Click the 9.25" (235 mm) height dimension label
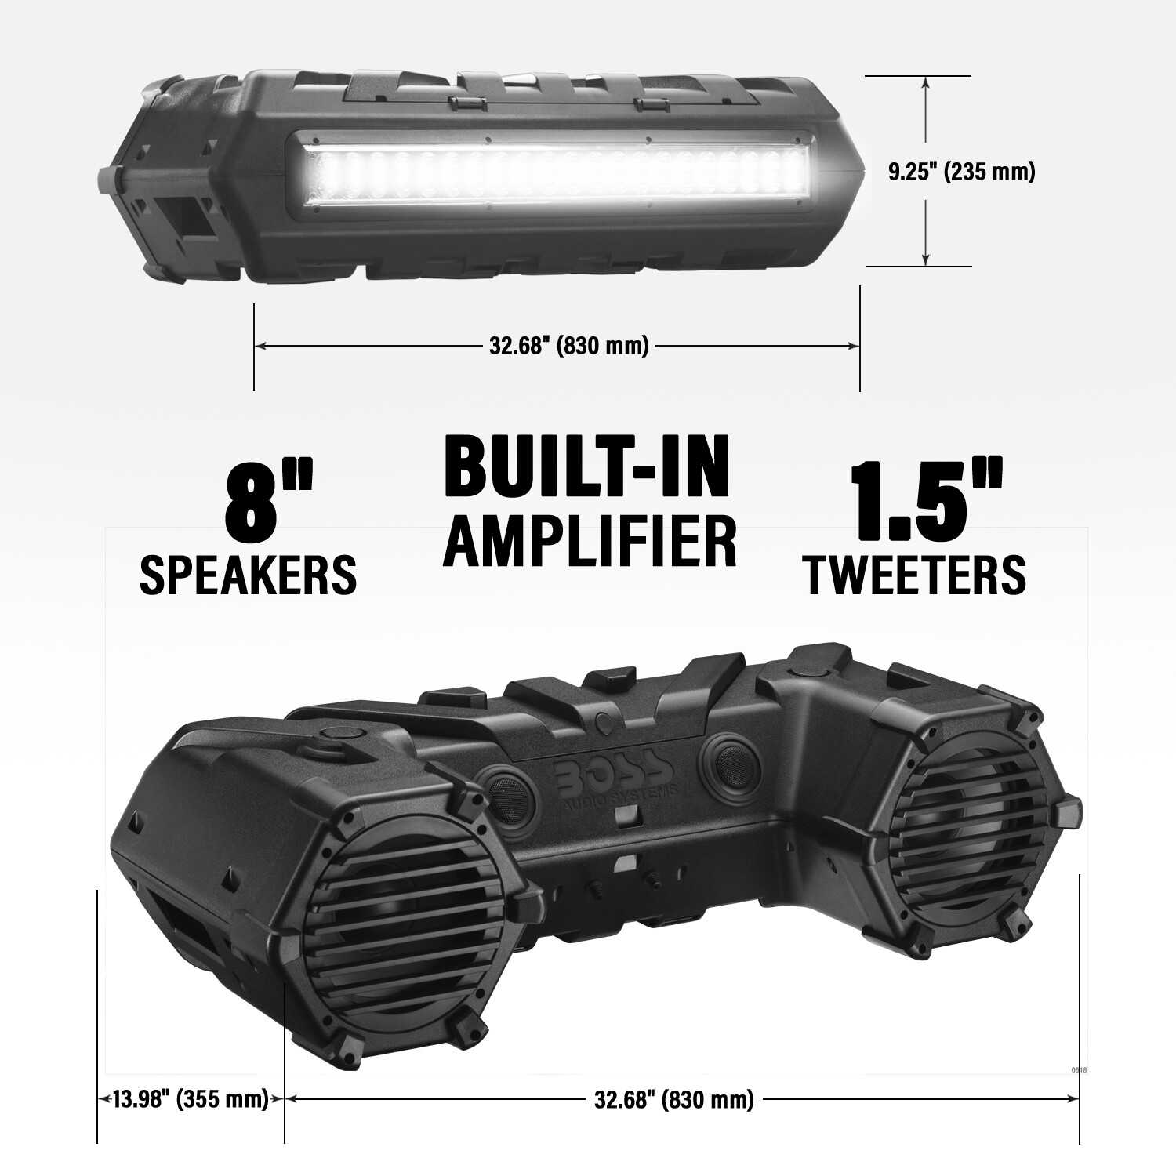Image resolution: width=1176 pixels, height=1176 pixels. (x=961, y=172)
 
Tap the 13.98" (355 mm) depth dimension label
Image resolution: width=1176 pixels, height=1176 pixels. (x=191, y=1099)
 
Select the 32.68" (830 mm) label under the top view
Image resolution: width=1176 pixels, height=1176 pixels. (x=569, y=345)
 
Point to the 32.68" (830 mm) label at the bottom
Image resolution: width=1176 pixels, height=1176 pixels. (x=674, y=1099)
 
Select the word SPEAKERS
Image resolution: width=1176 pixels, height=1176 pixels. (x=248, y=575)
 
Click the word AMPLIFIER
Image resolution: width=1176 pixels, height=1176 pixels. (x=590, y=540)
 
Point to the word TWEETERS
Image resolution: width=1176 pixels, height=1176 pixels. (x=914, y=575)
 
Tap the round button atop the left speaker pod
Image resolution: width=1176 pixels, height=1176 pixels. (x=339, y=735)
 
